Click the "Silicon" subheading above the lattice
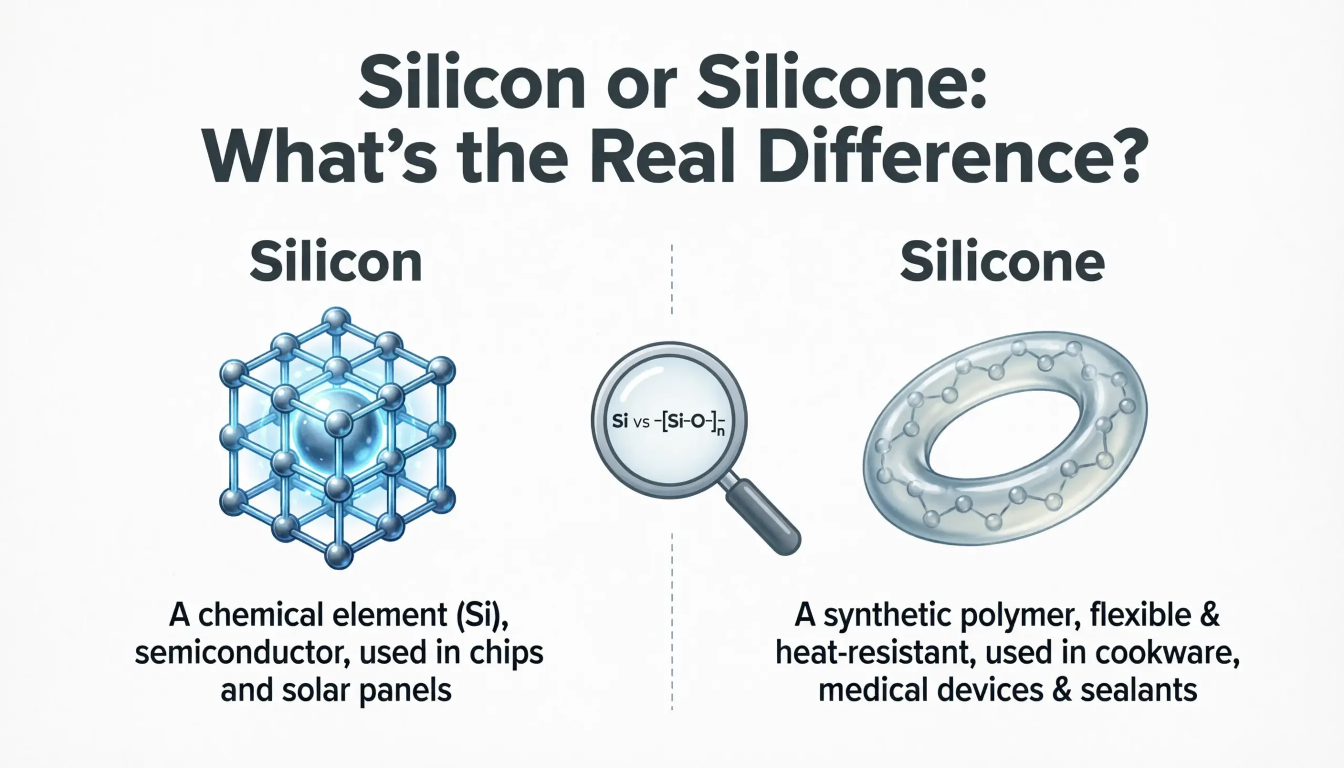[x=336, y=262]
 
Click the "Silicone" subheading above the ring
[x=1002, y=262]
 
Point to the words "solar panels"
[x=366, y=691]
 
